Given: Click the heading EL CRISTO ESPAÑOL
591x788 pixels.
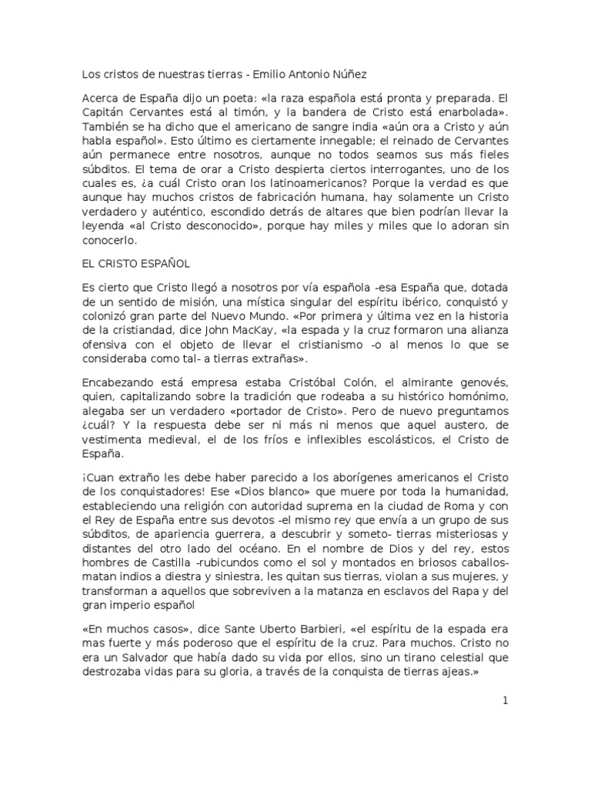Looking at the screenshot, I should (x=135, y=264).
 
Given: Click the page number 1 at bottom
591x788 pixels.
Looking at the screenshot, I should (x=505, y=701).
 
